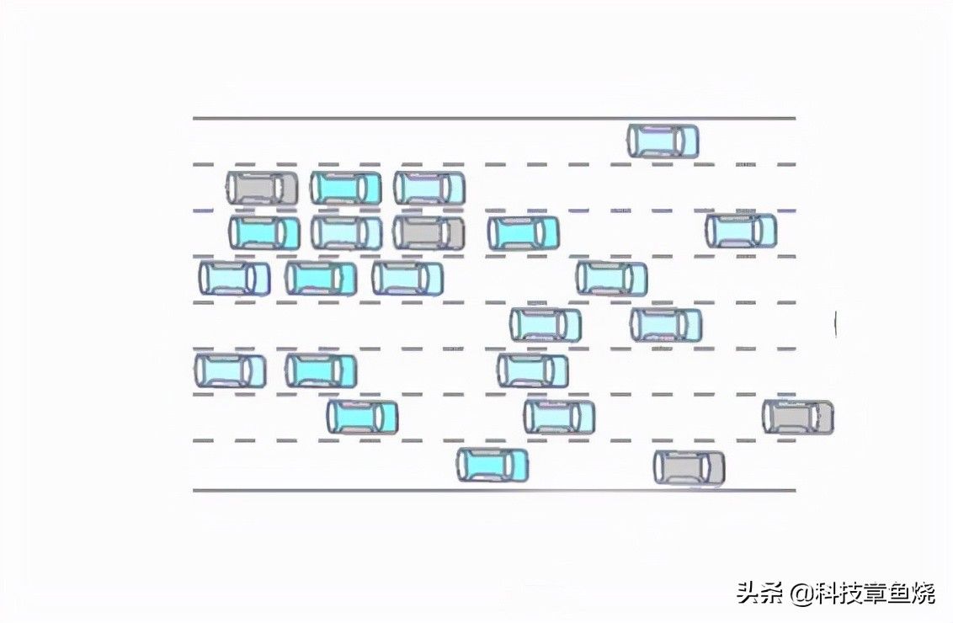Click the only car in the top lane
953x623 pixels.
coord(663,141)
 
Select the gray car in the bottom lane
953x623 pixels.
coord(689,467)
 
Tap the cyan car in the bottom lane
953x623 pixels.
coord(492,465)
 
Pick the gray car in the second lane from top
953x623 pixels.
coord(263,188)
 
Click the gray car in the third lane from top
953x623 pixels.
coord(429,233)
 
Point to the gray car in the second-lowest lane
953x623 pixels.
coord(798,417)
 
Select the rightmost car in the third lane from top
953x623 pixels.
coord(741,231)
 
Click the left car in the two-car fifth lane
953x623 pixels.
coord(546,325)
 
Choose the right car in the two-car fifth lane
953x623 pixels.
coord(666,325)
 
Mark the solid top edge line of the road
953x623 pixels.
coord(494,118)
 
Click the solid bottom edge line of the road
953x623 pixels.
coord(494,490)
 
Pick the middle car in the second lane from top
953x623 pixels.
coord(346,188)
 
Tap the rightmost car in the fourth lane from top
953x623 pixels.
coord(611,279)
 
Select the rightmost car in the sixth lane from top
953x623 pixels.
coord(532,370)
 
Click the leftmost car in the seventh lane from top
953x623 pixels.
coord(362,417)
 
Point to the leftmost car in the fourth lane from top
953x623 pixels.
coord(234,279)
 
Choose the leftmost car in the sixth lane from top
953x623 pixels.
coord(231,370)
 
